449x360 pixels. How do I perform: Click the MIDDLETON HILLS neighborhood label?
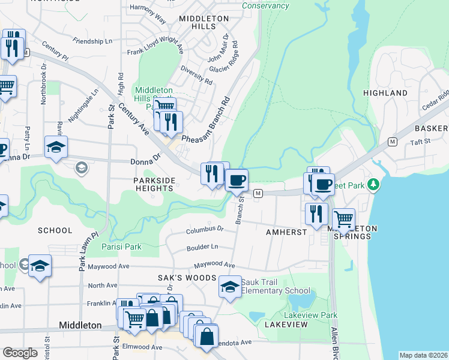tap(203, 23)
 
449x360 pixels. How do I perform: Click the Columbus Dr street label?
tap(204, 229)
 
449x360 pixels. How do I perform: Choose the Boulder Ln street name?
tap(202, 247)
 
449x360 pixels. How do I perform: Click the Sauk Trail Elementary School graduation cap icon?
tap(229, 287)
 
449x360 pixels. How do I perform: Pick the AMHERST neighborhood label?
tap(285, 231)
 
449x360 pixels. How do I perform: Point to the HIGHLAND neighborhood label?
tap(385, 93)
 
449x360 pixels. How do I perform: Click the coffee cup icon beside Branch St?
tap(237, 179)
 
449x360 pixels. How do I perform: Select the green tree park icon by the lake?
tap(374, 183)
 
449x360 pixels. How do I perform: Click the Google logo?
tap(20, 352)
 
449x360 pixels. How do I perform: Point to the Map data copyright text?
tap(423, 355)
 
